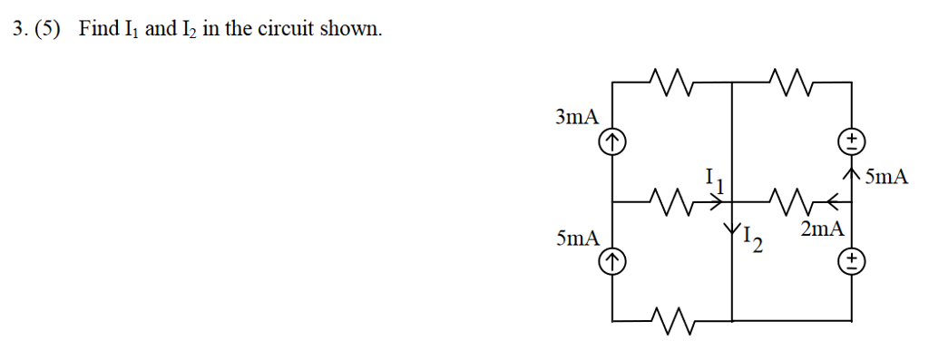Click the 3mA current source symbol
(x=613, y=141)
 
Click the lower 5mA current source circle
(x=613, y=262)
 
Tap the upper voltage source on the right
(x=852, y=141)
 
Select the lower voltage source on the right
(x=852, y=262)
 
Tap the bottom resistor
(x=672, y=320)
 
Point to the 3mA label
(x=577, y=116)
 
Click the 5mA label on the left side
(x=577, y=238)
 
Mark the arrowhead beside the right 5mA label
(x=852, y=170)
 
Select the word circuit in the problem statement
(x=289, y=29)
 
